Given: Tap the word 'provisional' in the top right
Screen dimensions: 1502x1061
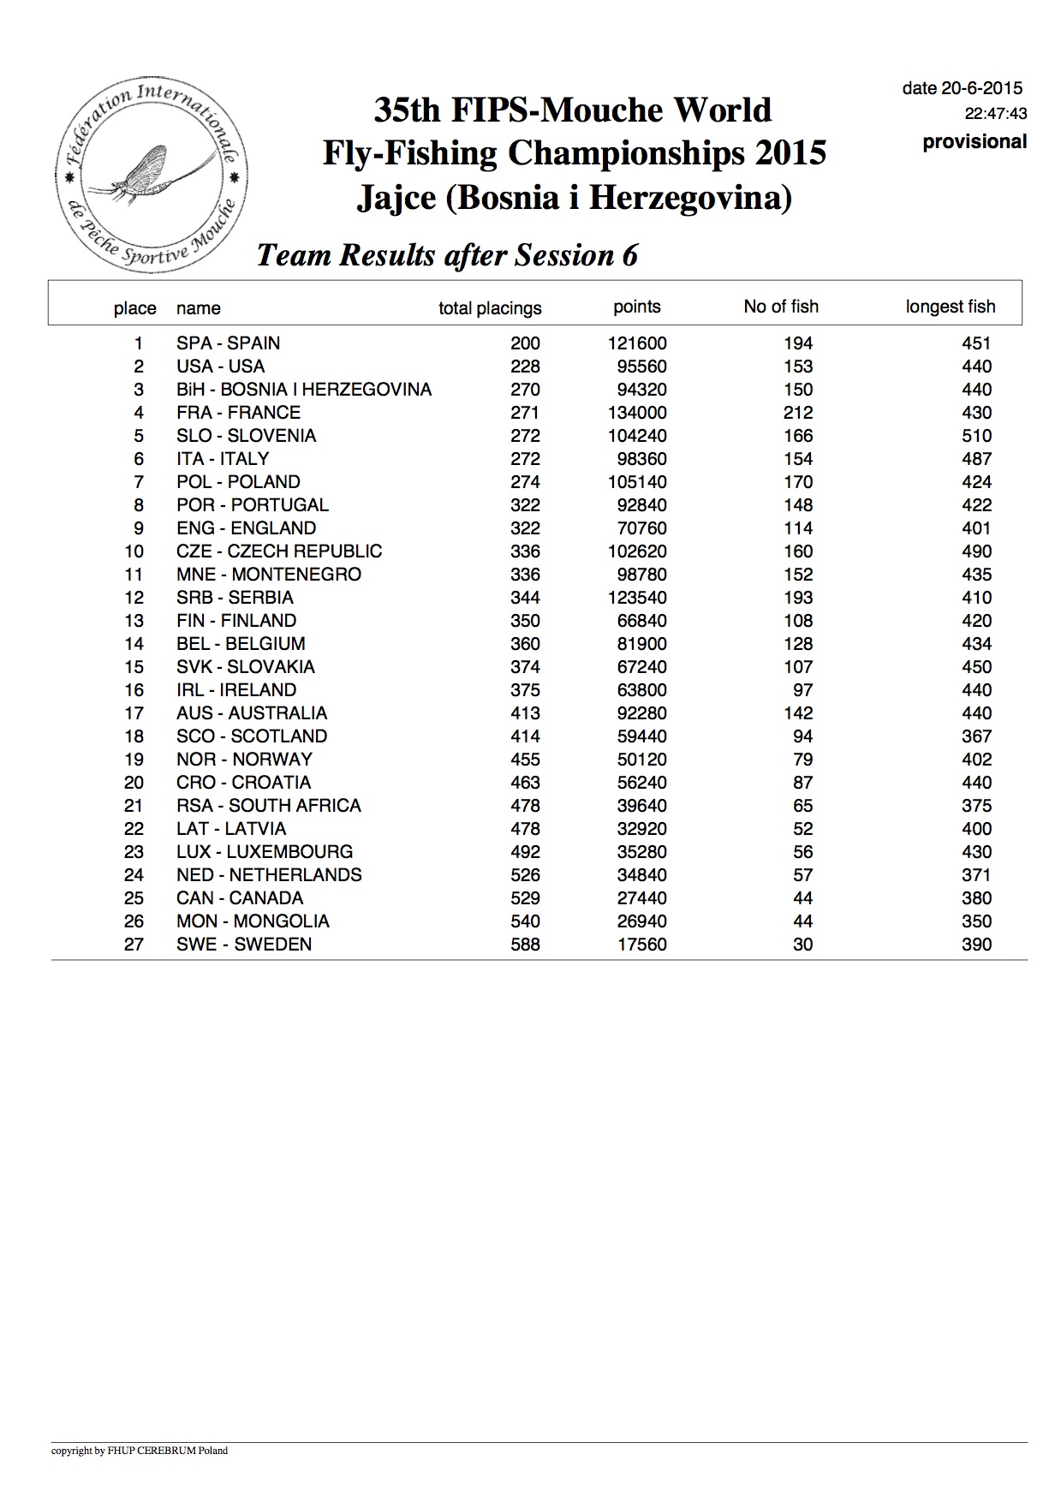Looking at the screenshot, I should point(975,142).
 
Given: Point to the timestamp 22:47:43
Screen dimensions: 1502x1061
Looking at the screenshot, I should point(996,114).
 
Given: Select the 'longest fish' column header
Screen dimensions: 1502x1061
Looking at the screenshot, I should point(951,307).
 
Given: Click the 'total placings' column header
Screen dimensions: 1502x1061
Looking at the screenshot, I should point(490,308).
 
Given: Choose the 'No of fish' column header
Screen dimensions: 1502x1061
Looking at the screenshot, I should point(781,307).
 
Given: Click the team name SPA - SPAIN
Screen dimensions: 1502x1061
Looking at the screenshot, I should point(228,343).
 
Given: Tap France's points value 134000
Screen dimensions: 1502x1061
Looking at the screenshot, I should point(637,413).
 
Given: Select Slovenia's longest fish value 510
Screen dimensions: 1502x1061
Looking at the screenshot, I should point(976,436).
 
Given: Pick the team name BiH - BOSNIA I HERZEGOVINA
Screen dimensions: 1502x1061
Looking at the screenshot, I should point(304,390).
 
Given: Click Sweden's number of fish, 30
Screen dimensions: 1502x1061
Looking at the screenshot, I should point(802,945).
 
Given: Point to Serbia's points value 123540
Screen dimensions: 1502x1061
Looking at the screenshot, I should point(637,598).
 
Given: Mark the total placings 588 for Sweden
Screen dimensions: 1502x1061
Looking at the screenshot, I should point(525,945).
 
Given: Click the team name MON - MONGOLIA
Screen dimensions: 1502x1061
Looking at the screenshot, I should point(253,921).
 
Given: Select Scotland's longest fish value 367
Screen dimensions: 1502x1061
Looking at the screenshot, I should point(976,736).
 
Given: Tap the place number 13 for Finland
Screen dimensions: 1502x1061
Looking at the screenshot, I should point(134,621).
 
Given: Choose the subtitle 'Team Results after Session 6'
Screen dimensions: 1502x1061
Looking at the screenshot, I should point(447,255).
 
